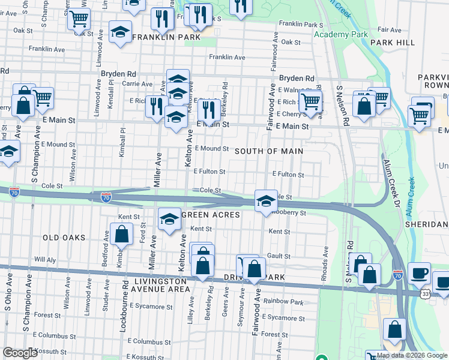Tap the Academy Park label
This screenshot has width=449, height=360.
point(340,34)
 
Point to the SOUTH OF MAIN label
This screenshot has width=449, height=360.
point(268,151)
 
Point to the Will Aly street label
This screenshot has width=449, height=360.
point(45,260)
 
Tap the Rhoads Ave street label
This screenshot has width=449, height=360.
point(325,257)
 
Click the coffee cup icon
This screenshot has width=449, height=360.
point(419,272)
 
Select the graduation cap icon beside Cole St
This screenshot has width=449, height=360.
point(265,200)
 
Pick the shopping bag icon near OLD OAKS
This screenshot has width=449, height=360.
point(121,233)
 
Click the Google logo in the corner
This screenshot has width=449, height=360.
point(20,353)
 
